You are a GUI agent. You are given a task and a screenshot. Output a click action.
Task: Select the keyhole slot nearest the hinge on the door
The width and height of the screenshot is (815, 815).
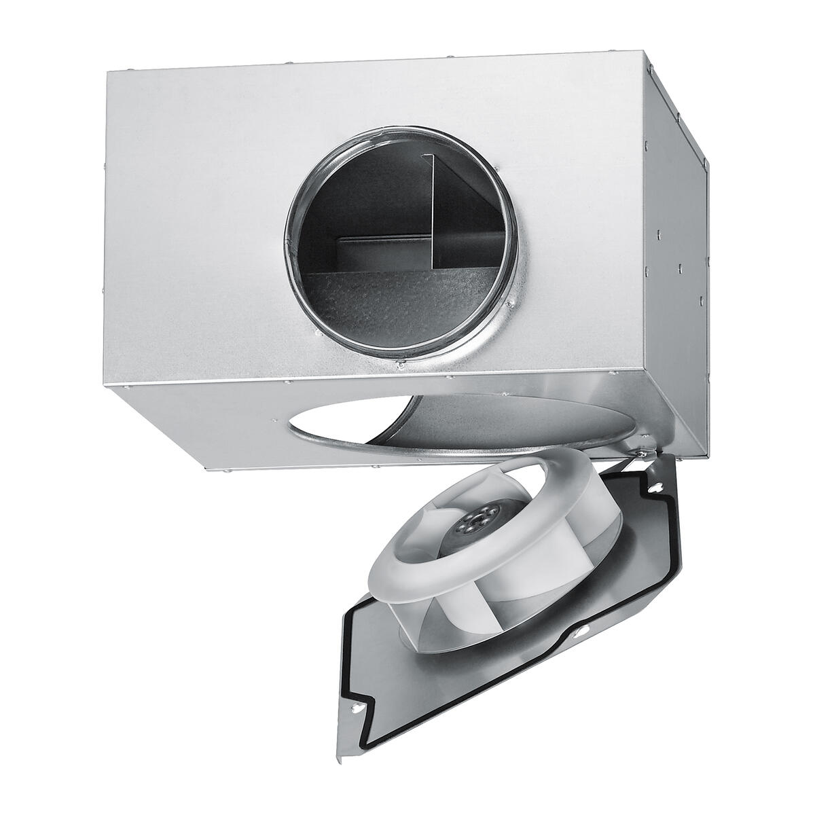(657, 485)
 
